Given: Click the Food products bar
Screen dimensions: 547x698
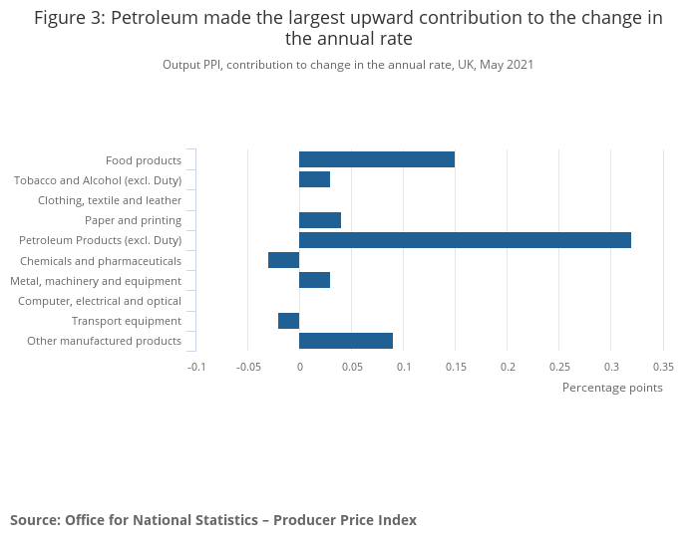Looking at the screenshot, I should coord(377,159).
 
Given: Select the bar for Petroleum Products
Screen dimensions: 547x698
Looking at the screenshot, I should coord(465,240).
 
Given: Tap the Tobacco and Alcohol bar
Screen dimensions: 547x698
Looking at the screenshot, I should coord(314,179).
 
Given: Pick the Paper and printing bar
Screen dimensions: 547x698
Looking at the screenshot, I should coord(320,220).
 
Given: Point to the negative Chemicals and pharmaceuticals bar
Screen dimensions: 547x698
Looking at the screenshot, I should coord(283,260).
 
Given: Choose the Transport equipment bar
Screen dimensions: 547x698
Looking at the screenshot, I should coord(288,321).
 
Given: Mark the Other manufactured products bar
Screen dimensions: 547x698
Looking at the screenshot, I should coord(346,341).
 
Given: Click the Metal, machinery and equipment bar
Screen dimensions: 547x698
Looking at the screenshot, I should coord(314,280).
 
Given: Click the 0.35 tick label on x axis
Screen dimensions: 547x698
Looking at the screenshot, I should coord(662,366).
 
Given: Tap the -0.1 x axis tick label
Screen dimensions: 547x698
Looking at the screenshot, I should coord(196,366).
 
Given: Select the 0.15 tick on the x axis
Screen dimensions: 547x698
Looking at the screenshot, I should coord(455,366).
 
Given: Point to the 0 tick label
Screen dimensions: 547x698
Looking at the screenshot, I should coord(299,366).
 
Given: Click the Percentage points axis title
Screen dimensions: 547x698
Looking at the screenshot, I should coord(612,388).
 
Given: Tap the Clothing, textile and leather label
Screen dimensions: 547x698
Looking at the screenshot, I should coord(110,200).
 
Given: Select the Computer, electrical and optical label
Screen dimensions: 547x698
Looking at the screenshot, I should coord(100,301).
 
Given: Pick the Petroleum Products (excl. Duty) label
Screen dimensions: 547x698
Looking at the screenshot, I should coord(101,240).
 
